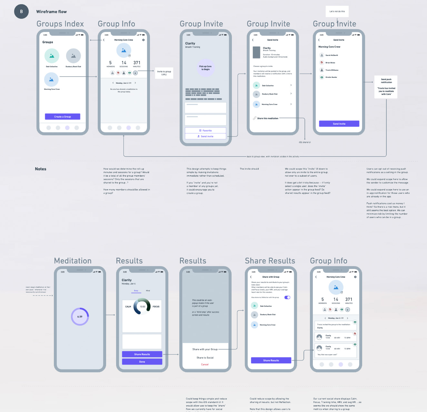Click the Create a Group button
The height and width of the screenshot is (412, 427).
(x=63, y=117)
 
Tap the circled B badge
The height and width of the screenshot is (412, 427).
(x=21, y=12)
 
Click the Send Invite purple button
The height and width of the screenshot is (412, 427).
(x=339, y=124)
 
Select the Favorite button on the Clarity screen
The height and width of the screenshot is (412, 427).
(x=205, y=130)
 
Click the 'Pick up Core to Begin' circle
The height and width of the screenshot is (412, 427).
(x=205, y=68)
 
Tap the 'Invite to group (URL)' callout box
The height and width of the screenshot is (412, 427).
(x=164, y=73)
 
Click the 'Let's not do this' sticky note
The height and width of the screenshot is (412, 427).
(x=337, y=11)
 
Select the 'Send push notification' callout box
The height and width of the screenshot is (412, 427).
(x=386, y=87)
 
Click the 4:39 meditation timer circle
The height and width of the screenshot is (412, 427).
(x=80, y=316)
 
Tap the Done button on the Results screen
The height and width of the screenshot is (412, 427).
(x=142, y=362)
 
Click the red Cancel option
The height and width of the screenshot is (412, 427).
(x=205, y=365)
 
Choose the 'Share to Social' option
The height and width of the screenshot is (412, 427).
(x=205, y=358)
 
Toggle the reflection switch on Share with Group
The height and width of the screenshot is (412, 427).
(x=287, y=297)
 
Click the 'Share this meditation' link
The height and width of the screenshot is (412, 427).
(x=267, y=118)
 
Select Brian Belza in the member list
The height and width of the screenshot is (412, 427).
(x=330, y=63)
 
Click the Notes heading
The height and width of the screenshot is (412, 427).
(x=41, y=169)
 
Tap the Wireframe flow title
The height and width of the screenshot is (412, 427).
(x=51, y=12)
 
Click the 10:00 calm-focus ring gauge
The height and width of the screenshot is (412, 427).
(x=142, y=306)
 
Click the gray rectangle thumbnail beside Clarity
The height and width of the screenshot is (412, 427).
(x=256, y=52)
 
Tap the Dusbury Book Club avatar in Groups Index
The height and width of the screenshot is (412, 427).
(x=73, y=56)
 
